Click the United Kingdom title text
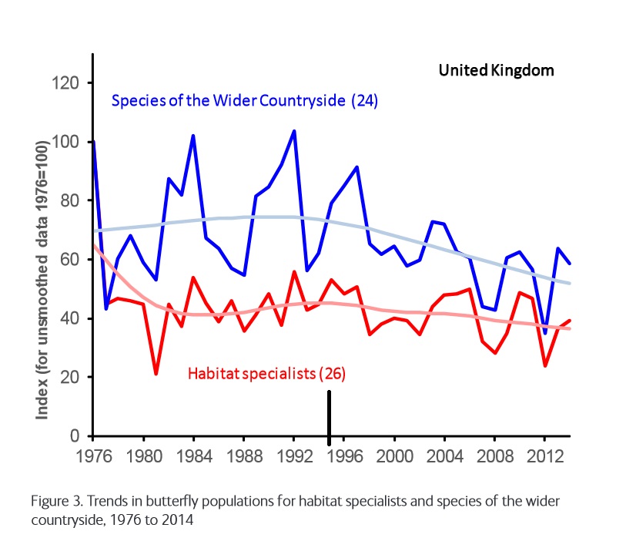tap(496, 70)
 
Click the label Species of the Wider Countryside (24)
tap(245, 101)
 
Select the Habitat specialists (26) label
tap(266, 375)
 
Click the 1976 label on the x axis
tap(92, 453)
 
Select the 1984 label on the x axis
tap(193, 453)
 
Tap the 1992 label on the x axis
tap(294, 453)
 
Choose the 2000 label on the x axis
tap(394, 453)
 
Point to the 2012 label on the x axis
tap(545, 453)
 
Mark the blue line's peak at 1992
tap(294, 131)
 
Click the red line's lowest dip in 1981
tap(156, 374)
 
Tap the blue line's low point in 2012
tap(545, 332)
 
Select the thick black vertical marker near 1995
tap(330, 417)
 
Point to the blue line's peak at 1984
tap(193, 136)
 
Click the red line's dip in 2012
tap(545, 365)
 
